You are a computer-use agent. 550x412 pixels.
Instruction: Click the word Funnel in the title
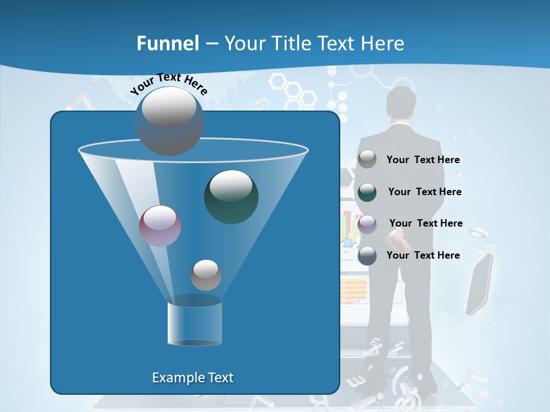tap(168, 43)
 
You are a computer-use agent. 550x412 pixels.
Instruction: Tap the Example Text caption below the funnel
tap(192, 378)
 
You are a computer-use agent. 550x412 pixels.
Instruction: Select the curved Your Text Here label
tap(169, 84)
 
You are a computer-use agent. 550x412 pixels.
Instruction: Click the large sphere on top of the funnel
tap(169, 121)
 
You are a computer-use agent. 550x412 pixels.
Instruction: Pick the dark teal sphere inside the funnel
tap(231, 197)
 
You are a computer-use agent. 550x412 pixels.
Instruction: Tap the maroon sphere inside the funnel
tap(160, 226)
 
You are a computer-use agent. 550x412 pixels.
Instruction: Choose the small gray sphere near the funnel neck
tap(206, 275)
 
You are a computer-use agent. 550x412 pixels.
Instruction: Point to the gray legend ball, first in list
tap(367, 160)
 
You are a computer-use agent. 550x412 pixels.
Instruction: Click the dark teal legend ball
tap(367, 192)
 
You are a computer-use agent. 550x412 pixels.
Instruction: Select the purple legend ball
tap(367, 224)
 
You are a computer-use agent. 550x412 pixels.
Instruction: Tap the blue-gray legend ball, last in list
tap(367, 256)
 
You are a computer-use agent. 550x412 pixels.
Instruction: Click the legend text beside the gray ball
tap(423, 160)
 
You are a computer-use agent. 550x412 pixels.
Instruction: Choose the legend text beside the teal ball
tap(425, 192)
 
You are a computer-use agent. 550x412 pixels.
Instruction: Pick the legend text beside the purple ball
tap(426, 224)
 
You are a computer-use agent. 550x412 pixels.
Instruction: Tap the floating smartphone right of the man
tap(479, 284)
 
